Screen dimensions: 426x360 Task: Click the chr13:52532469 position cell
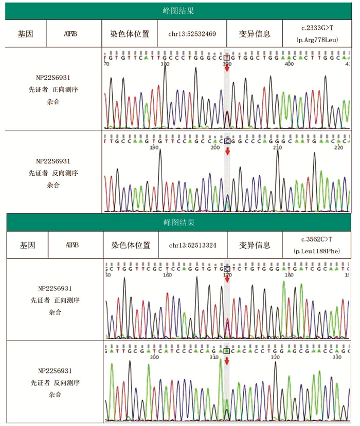point(192,34)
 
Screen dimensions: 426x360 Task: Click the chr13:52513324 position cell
point(192,246)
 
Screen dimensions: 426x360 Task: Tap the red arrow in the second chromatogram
point(227,151)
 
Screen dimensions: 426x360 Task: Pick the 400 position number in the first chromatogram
point(290,64)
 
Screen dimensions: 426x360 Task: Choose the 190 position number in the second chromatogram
point(153,147)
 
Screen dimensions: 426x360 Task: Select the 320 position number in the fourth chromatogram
point(276,356)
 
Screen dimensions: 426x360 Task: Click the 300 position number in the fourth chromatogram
point(153,356)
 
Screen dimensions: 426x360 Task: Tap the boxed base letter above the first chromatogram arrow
point(227,58)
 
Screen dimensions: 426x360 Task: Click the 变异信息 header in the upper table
point(255,34)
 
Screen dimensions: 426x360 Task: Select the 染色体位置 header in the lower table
point(130,245)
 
